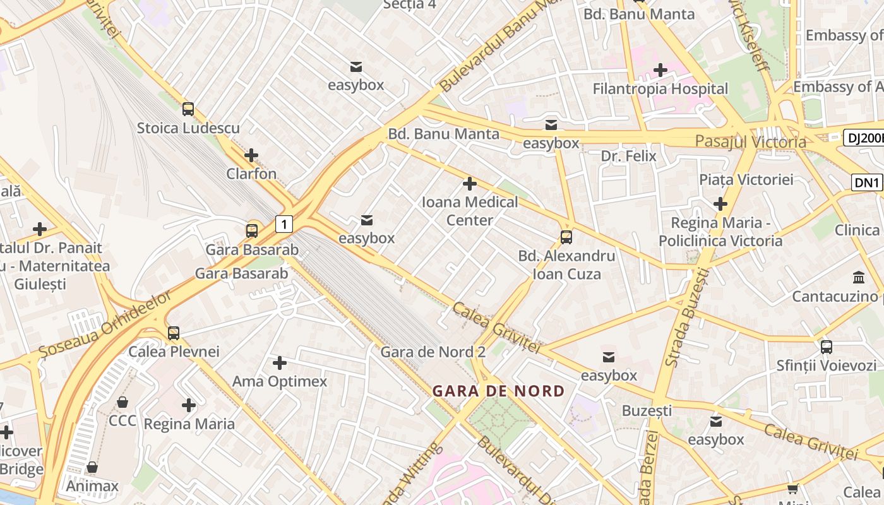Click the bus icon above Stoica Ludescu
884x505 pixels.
coord(188,109)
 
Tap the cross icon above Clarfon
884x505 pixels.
coord(251,155)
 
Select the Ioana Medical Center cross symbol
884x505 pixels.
coord(469,184)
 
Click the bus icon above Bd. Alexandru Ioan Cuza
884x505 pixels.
coord(566,237)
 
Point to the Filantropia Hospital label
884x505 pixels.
coord(660,89)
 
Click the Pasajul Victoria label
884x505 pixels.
coord(750,141)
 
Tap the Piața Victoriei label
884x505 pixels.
coord(746,179)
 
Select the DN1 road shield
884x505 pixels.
coord(866,183)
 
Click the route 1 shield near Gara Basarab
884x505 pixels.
coord(285,223)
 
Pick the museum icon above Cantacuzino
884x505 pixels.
coord(859,277)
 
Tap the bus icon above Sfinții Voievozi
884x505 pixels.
coord(827,347)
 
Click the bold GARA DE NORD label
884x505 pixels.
coord(498,391)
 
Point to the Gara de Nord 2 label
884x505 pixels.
coord(433,352)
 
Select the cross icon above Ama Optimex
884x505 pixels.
coord(279,362)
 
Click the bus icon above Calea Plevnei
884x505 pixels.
coord(173,333)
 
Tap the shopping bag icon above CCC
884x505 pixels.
coord(122,402)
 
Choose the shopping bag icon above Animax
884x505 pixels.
coord(92,467)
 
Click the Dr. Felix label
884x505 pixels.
coord(628,156)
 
